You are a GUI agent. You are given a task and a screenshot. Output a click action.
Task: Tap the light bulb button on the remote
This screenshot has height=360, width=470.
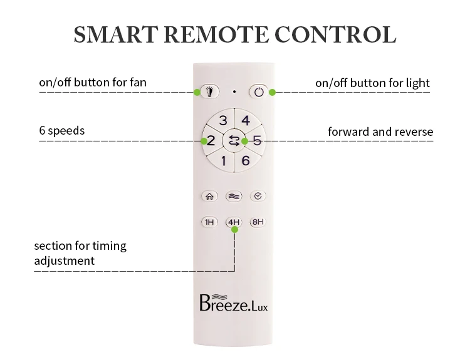coord(210,91)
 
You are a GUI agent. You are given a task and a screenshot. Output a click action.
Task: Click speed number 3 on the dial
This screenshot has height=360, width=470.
coord(223,120)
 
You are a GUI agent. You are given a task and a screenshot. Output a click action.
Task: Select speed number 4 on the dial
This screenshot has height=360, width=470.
coord(246,120)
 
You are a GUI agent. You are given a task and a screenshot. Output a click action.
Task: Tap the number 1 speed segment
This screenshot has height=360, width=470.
coord(223,161)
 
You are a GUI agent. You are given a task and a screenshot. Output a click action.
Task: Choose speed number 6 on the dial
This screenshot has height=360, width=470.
coord(246,161)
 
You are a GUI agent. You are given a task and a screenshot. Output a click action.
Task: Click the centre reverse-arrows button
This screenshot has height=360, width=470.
coord(234,141)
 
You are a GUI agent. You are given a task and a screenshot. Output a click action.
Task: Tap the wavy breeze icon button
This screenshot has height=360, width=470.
coord(234,196)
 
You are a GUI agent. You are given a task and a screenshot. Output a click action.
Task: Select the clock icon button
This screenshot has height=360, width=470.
coord(258,196)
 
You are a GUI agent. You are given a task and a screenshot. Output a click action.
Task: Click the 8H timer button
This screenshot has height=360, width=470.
coord(258,222)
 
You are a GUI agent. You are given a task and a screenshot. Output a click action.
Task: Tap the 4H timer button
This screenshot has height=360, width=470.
coord(234,222)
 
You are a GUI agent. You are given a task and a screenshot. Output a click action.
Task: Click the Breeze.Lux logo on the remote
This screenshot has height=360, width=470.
coord(234,303)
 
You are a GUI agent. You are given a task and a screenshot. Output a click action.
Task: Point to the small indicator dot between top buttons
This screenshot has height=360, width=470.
coord(234,91)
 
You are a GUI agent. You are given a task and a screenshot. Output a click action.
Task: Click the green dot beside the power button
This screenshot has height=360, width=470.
coord(272,92)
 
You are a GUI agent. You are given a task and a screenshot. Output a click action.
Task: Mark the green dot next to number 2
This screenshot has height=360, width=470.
coord(204,141)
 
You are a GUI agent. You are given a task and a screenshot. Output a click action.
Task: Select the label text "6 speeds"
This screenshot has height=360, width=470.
coord(62,131)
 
